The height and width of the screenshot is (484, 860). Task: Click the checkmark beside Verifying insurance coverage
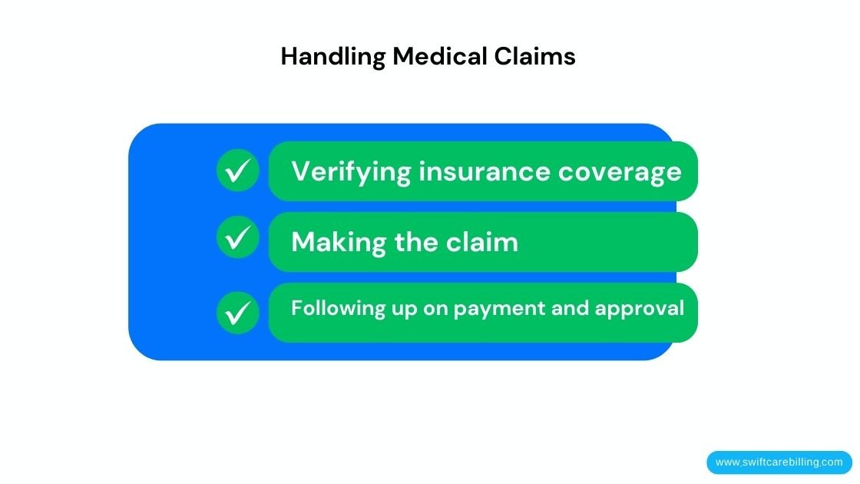coord(238,171)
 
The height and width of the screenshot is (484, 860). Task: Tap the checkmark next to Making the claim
coord(238,237)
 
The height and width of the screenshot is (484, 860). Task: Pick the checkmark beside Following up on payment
coord(238,312)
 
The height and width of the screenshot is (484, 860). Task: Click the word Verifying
coord(351,171)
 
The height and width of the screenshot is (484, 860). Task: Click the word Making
coord(339,243)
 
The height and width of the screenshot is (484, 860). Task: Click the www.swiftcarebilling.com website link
coord(779,462)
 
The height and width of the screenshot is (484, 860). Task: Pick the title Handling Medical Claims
coord(428,56)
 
